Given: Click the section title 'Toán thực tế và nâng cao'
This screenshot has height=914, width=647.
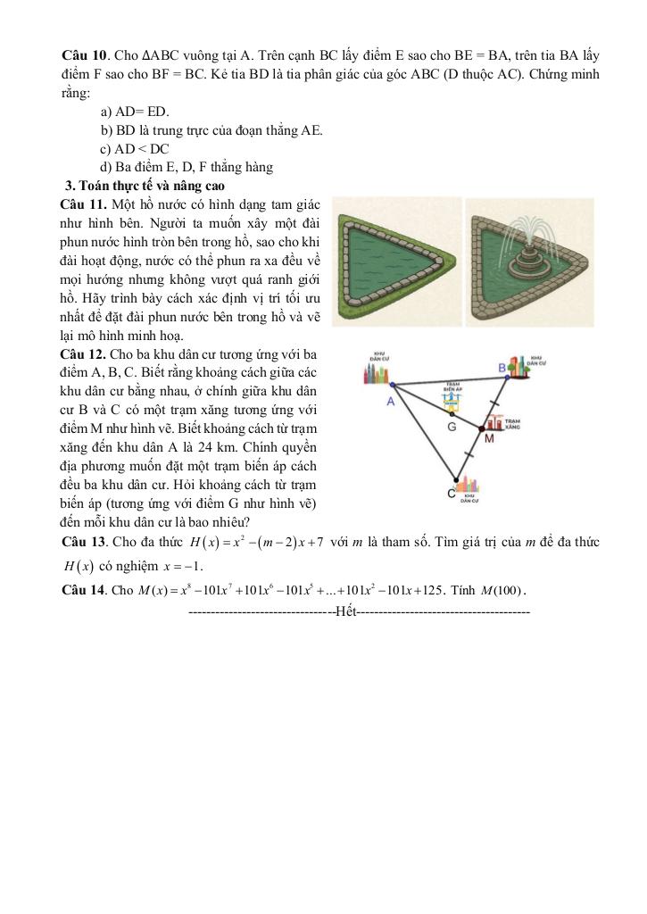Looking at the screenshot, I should point(144,187).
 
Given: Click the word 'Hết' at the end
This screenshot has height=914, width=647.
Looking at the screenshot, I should point(346,613).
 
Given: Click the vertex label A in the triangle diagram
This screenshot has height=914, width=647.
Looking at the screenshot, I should point(390,403).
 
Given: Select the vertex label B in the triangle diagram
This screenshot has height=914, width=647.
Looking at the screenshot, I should point(502,368).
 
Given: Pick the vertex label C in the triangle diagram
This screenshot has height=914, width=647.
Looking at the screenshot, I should point(451,494).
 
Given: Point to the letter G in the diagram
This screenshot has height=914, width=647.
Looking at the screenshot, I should point(452,427).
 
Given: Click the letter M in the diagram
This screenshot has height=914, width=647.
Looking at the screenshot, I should point(489,438).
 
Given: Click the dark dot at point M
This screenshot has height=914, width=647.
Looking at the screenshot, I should point(485,426).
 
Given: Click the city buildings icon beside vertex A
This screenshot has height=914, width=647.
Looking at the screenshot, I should point(379,373).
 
